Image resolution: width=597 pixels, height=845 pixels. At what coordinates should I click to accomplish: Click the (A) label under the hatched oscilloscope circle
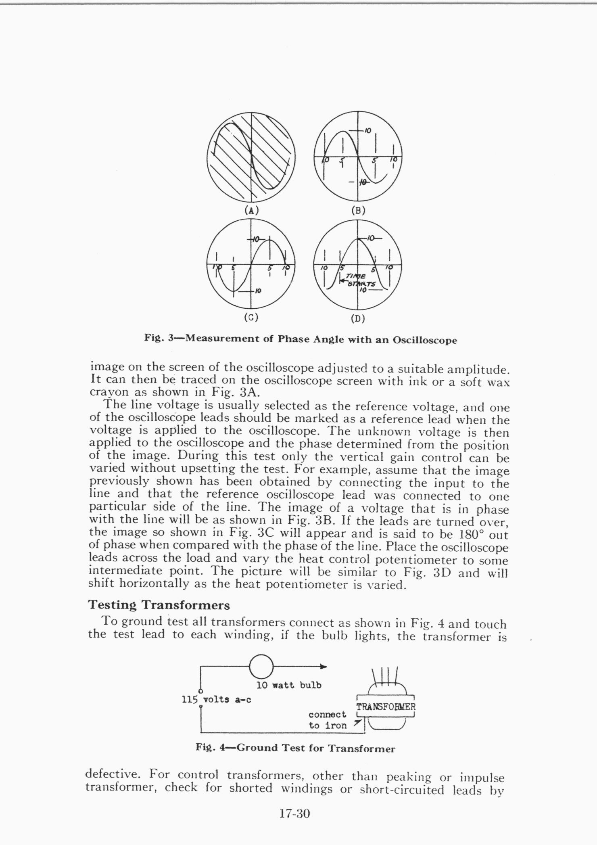[251, 210]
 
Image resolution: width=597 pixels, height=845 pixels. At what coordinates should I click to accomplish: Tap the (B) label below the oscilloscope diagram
[358, 210]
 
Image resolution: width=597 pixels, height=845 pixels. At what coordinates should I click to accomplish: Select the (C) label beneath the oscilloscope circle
[251, 317]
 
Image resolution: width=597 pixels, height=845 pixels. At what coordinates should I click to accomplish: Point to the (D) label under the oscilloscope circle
[358, 319]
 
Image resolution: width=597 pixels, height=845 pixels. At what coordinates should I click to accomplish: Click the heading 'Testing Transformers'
[159, 605]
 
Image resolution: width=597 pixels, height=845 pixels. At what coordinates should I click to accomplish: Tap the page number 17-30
[294, 814]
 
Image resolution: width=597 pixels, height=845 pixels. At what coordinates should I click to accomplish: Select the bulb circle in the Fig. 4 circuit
[262, 666]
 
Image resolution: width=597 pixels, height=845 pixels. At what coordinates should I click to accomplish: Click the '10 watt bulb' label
[289, 685]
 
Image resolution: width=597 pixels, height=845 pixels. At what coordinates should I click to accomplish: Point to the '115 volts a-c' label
[217, 699]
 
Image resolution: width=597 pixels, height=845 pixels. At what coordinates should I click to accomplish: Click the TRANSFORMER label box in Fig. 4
[386, 707]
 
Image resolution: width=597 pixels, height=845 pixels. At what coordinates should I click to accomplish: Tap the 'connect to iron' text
[328, 720]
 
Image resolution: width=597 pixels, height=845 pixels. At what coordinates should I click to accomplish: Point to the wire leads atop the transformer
[385, 676]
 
